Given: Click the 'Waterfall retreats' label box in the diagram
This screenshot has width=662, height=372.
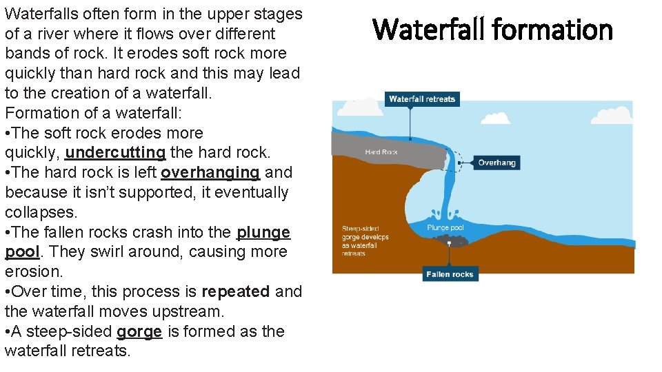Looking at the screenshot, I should coord(422,99).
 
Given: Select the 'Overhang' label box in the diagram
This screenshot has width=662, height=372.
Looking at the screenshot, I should coord(496,163).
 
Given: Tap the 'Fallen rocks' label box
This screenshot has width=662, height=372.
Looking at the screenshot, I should coord(450,274).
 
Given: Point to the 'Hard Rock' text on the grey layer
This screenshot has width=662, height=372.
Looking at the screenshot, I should coord(381,152).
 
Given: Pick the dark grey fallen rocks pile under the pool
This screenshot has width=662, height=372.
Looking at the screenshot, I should coord(449,240).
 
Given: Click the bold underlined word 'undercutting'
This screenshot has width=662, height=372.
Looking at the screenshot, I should coord(115,152).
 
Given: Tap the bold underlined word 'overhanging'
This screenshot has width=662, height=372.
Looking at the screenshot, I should coord(210,172).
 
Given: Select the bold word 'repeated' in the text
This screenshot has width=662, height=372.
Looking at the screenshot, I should coord(236,291).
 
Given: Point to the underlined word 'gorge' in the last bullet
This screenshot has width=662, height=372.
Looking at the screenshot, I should coord(139,331).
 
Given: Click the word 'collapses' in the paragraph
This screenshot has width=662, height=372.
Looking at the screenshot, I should coord(39,212).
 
